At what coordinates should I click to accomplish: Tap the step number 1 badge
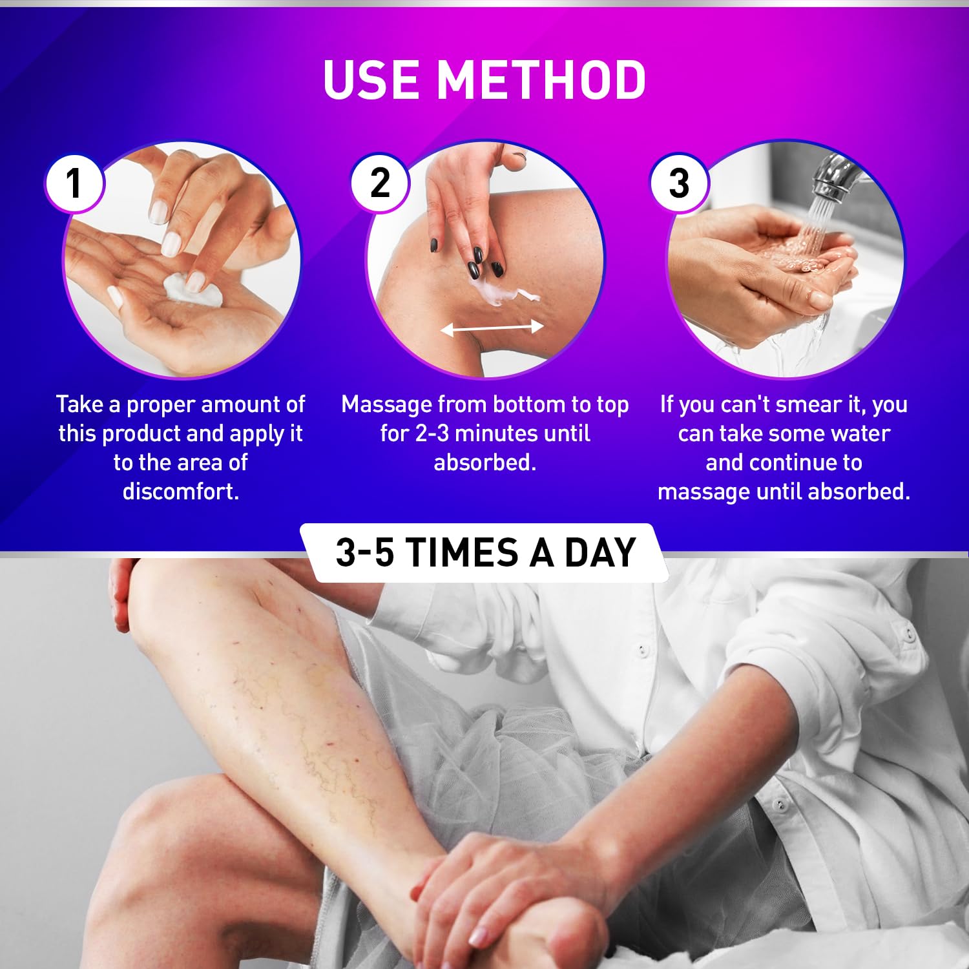(74, 183)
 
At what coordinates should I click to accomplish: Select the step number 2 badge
(380, 183)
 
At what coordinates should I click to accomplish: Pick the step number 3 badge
(679, 183)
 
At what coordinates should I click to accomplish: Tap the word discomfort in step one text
(181, 492)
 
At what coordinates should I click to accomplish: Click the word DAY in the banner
(600, 553)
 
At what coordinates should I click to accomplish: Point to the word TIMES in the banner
(463, 553)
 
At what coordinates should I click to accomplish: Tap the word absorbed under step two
(484, 463)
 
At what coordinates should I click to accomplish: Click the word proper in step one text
(160, 405)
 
